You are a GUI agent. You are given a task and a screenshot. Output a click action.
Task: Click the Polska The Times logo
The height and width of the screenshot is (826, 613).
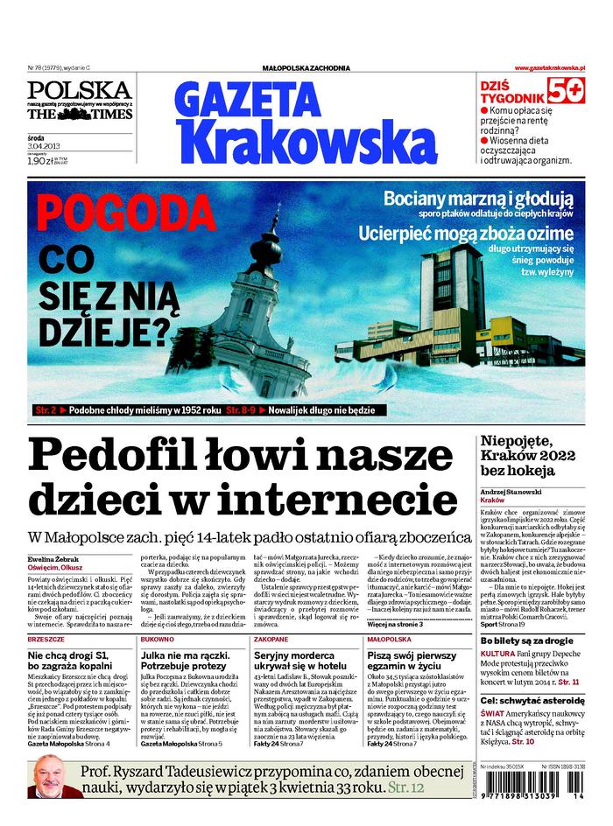79,101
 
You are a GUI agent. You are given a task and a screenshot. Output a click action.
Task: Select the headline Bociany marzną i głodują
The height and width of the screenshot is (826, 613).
478,198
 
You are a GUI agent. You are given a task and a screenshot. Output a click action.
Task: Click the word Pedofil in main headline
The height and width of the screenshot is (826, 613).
126,456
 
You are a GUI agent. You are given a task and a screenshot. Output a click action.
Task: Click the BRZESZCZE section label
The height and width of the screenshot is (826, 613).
46,616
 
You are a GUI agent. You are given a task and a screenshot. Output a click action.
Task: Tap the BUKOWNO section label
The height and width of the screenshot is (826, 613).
158,616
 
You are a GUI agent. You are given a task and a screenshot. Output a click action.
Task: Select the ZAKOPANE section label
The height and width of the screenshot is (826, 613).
271,616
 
